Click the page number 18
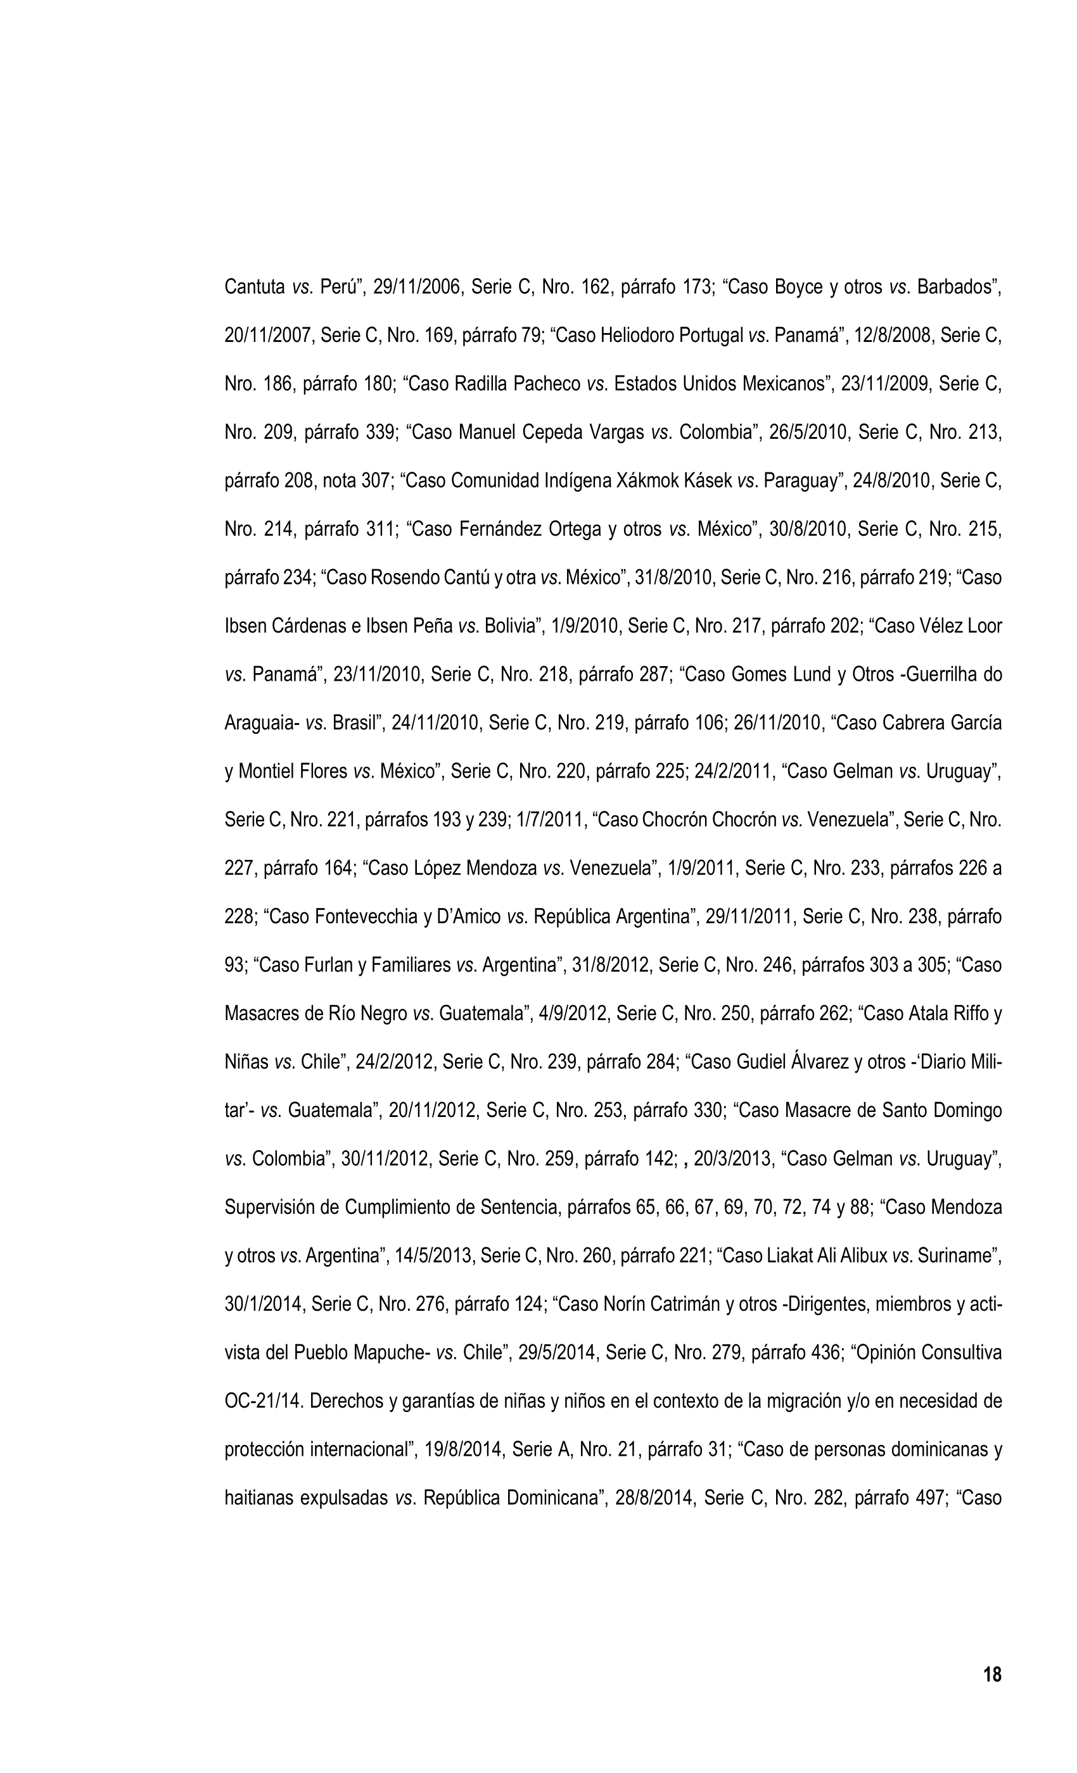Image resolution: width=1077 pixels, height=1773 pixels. tap(991, 1674)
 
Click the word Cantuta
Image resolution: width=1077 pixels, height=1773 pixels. tap(254, 287)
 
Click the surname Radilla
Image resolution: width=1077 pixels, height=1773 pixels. tap(481, 384)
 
